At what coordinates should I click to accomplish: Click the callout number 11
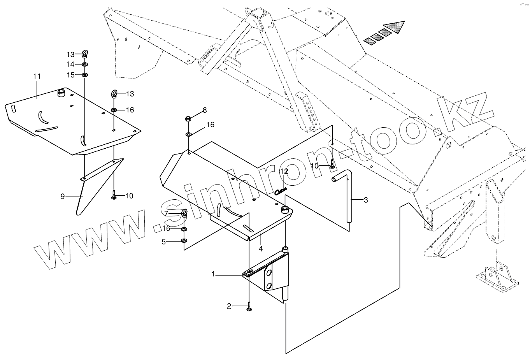(x=37, y=76)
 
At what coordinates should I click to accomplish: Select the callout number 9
(x=63, y=196)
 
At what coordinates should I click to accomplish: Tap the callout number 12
(x=284, y=171)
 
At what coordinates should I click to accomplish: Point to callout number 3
(x=365, y=200)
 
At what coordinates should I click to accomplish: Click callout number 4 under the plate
(x=261, y=248)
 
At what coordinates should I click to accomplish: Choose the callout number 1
(x=213, y=274)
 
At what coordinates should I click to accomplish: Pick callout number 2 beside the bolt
(x=229, y=306)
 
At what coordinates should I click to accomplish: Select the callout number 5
(x=164, y=242)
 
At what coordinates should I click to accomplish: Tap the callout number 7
(x=166, y=213)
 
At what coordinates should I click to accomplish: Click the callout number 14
(x=70, y=64)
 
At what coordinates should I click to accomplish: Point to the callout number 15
(x=70, y=75)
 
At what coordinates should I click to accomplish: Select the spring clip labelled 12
(x=280, y=191)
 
